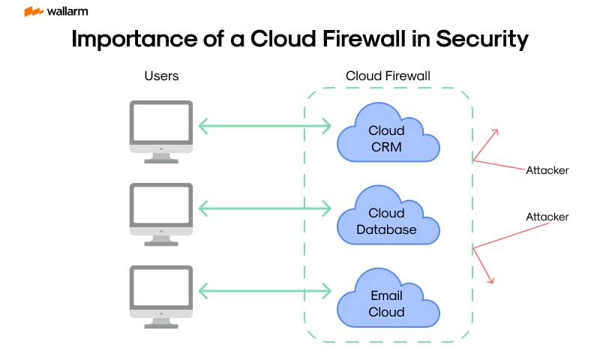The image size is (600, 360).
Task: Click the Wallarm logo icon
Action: coord(34,11)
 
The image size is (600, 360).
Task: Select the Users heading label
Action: coord(161,76)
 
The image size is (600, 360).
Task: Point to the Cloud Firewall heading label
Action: coord(388,76)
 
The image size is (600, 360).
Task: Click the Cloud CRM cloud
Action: coord(387,138)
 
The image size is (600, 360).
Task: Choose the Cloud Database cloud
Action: coord(387,221)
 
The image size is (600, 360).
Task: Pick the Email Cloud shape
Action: coord(387,304)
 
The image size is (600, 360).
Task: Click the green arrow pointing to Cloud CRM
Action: coord(265,126)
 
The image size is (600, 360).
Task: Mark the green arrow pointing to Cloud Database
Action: coord(265,208)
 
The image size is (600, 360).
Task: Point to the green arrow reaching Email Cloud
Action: coord(265,291)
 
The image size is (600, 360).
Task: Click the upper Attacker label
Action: coord(547,170)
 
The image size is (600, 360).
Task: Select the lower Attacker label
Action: coord(547,217)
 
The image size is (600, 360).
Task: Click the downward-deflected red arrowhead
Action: coord(491,280)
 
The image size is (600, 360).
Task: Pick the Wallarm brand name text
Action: coord(67,11)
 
